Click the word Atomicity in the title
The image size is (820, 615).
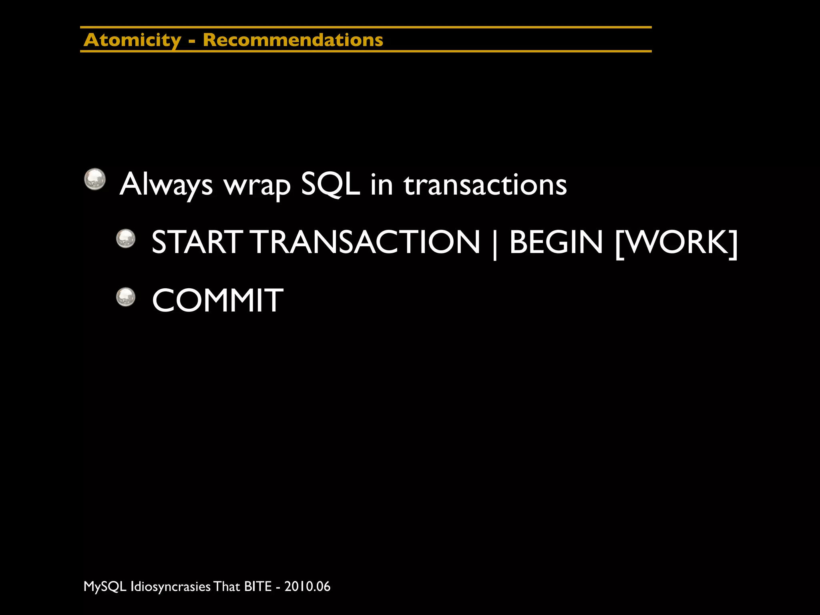coord(133,40)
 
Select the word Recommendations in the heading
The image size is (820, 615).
coord(293,40)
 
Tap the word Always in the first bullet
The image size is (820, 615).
coord(166,185)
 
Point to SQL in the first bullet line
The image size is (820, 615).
coord(330,185)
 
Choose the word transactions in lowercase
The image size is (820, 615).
coord(485,185)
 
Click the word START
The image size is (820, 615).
coord(197,242)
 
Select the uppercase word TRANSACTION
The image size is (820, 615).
coord(366,242)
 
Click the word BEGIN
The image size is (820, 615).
coord(556,242)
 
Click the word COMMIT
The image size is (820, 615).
coord(217,300)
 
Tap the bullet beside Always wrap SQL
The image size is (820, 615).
coord(95,179)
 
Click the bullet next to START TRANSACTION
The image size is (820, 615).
coord(126,239)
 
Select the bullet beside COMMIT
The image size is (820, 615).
coord(126,297)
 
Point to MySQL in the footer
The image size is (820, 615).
coord(105,587)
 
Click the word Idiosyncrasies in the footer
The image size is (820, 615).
coord(171,587)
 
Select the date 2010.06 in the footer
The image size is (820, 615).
coord(307,587)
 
